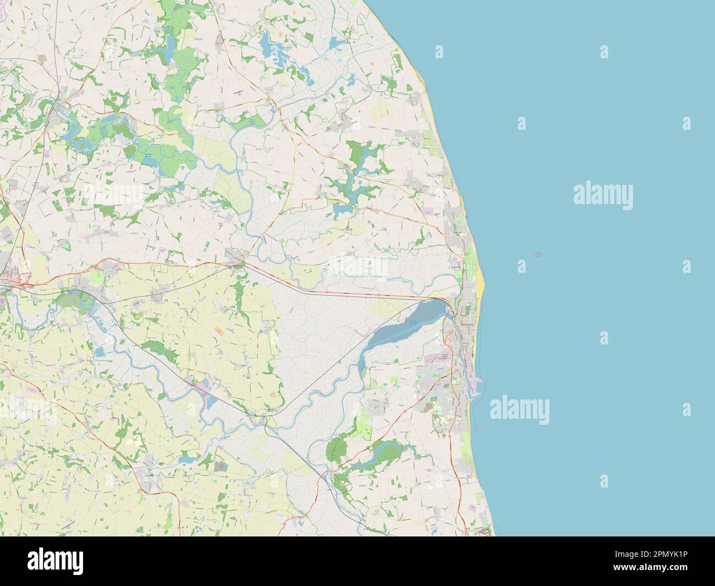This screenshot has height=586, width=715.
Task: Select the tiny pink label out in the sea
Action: click(537, 254)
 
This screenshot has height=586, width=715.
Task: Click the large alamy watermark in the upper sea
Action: click(603, 194)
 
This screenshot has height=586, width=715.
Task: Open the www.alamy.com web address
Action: click(660, 573)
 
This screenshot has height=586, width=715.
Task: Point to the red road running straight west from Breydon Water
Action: click(330, 286)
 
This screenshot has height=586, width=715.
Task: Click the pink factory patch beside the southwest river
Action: click(205, 387)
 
